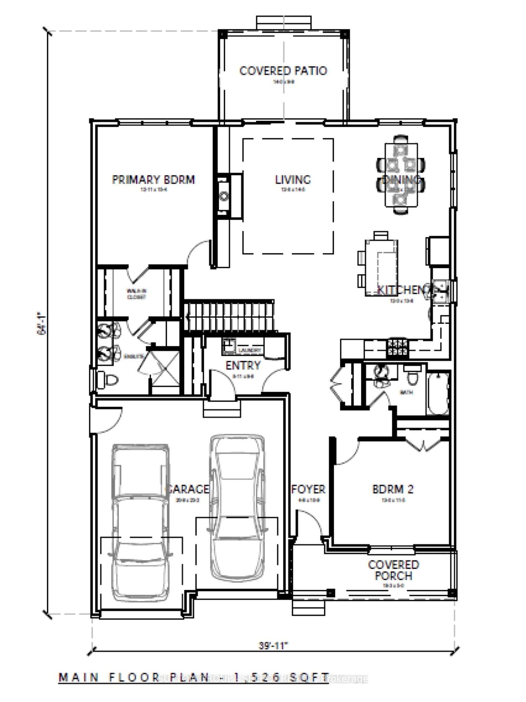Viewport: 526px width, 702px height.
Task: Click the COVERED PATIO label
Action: click(x=283, y=71)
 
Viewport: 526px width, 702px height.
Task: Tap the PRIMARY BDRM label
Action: click(x=153, y=180)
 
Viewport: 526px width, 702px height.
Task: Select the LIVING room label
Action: click(x=293, y=180)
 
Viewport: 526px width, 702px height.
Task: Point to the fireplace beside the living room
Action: click(x=224, y=196)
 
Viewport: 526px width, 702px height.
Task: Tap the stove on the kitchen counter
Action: click(x=397, y=347)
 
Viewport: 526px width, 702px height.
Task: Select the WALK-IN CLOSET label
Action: click(x=136, y=294)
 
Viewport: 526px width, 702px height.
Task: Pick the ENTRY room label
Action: click(x=243, y=365)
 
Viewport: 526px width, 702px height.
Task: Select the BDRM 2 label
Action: click(x=393, y=489)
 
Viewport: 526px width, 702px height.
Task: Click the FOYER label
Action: click(x=308, y=489)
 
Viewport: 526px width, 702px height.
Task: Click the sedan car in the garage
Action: click(x=237, y=508)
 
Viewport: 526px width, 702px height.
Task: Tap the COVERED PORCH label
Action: click(x=393, y=570)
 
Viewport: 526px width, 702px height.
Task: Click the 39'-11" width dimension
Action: click(x=274, y=645)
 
